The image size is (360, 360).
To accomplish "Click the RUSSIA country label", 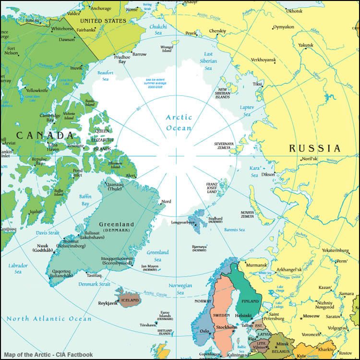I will click(x=315, y=148).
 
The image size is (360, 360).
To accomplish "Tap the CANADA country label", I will click(x=45, y=135).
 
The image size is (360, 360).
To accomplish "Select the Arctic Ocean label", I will click(x=179, y=122).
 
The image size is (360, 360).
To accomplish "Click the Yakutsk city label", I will click(x=306, y=45).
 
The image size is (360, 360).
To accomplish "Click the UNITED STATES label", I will click(x=103, y=21).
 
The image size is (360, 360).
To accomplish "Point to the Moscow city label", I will click(x=311, y=316).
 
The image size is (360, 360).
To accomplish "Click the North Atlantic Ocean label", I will click(x=48, y=319).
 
